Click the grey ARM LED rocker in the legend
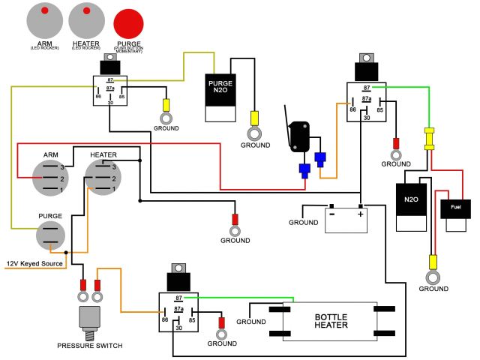pos(45,21)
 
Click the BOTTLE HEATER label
pos(331,321)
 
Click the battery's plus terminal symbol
pos(361,214)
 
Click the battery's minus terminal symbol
pos(330,214)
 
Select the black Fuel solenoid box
pos(456,207)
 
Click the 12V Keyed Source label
pos(34,263)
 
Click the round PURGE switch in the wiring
pos(51,236)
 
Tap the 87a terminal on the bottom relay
pos(178,308)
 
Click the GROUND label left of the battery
pos(304,223)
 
